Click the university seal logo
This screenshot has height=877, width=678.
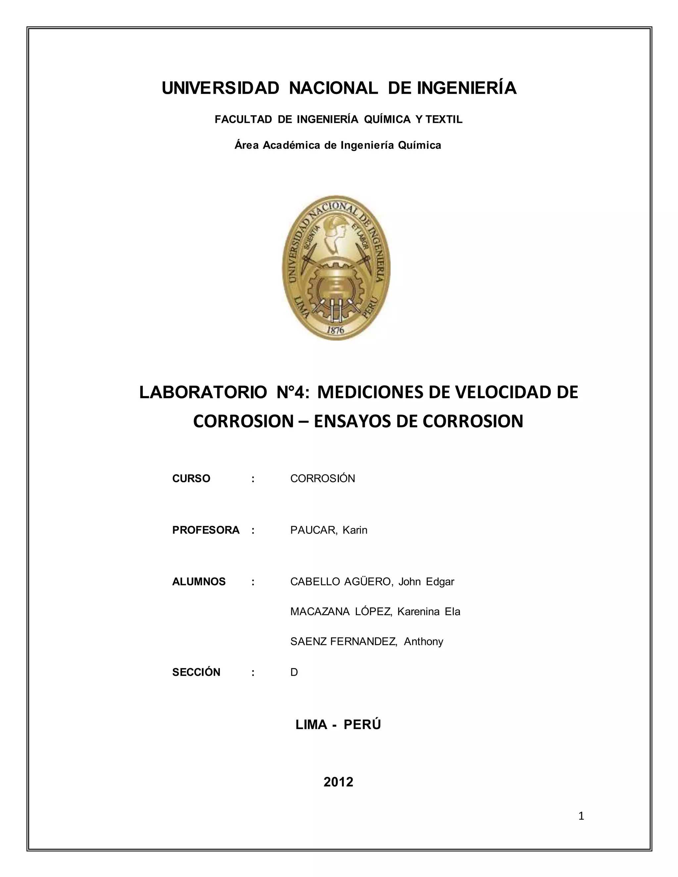(x=336, y=268)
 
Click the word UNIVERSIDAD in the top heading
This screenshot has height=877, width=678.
(x=220, y=88)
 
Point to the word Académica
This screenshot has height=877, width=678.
(x=292, y=145)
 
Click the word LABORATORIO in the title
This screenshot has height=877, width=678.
(x=203, y=392)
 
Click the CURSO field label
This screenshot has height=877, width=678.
(x=191, y=479)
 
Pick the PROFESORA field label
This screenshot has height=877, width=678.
(x=206, y=530)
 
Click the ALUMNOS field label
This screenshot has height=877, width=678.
(x=199, y=581)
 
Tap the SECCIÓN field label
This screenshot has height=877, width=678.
(x=196, y=672)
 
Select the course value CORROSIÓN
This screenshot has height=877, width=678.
(x=322, y=479)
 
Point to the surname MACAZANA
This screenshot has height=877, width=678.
(x=320, y=612)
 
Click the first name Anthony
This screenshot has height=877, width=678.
(x=423, y=642)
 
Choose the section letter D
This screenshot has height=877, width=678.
(x=294, y=672)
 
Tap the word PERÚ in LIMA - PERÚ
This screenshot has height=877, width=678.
(x=362, y=725)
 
